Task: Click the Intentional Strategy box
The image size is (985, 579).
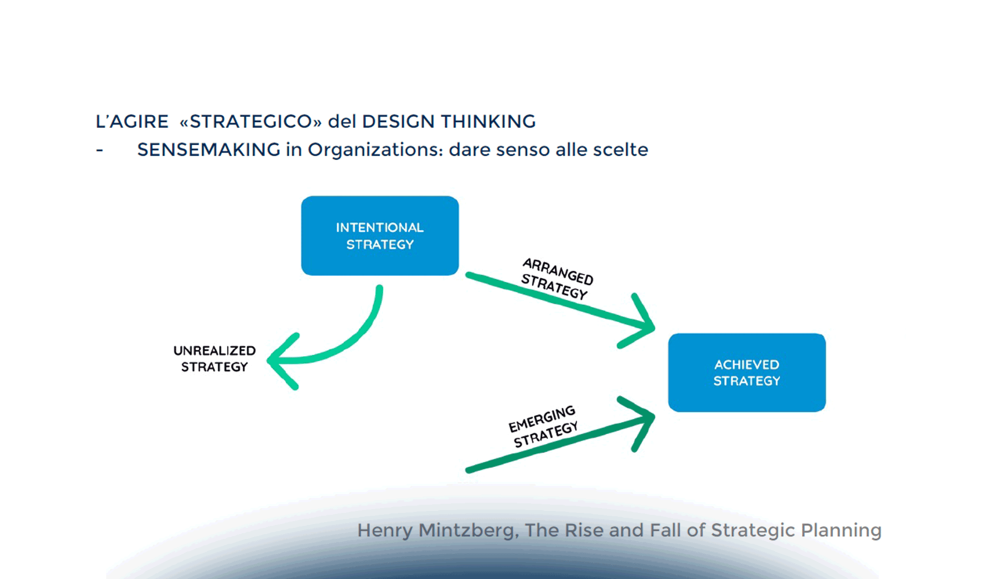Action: (x=380, y=235)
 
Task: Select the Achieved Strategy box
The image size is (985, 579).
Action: (x=747, y=372)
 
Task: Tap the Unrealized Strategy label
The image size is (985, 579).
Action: (x=214, y=358)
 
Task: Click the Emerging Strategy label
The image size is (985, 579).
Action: (x=543, y=426)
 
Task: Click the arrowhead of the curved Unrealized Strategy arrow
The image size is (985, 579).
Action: (x=282, y=361)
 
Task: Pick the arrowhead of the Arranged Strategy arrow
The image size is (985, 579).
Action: (x=637, y=321)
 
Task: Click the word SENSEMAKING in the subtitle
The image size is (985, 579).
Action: (x=209, y=150)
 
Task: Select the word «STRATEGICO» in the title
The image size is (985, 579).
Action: (x=251, y=122)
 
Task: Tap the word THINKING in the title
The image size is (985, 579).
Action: (x=488, y=122)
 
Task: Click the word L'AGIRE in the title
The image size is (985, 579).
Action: (x=132, y=122)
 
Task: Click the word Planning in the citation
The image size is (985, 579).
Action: (x=841, y=530)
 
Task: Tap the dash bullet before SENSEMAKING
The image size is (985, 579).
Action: (x=99, y=151)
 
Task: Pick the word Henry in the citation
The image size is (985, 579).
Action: (x=385, y=530)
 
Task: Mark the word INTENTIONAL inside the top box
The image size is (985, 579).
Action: (x=380, y=227)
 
